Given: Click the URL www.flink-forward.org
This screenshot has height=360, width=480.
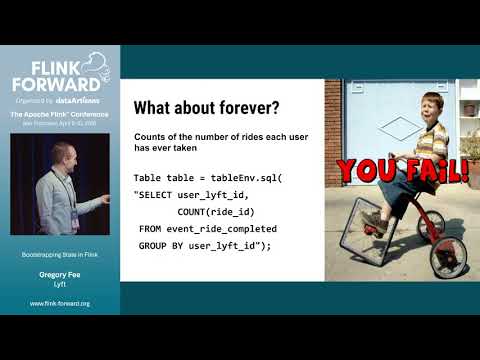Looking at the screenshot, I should click(x=60, y=303).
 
